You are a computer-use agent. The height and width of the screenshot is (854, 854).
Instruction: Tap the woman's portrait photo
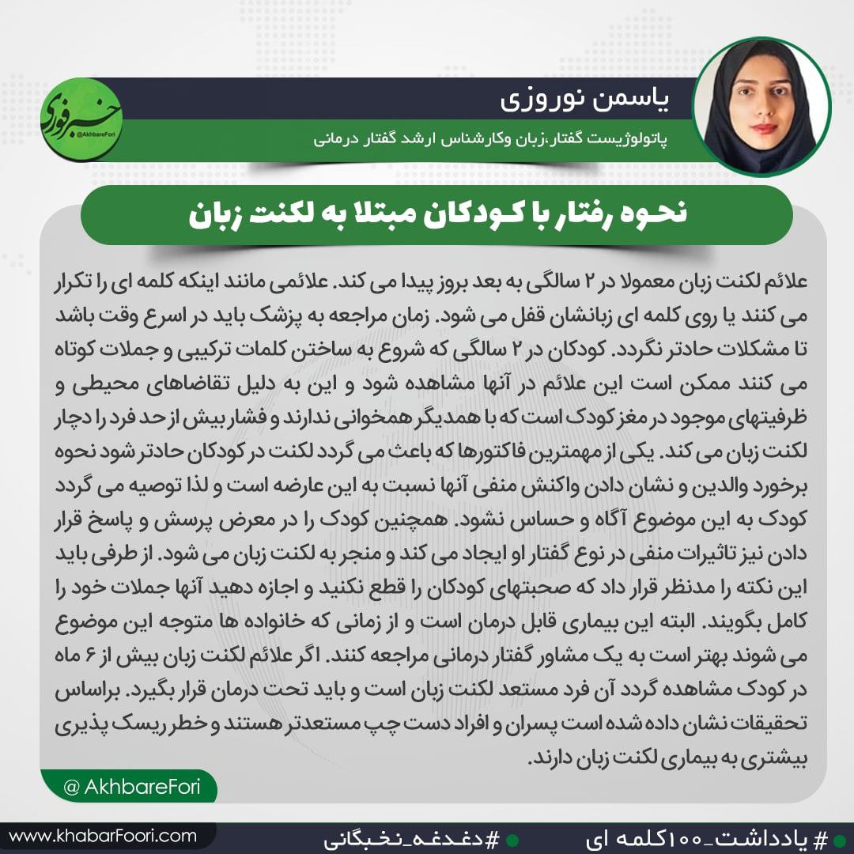[762, 106]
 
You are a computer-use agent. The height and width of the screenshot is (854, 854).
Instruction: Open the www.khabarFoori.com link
[103, 835]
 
